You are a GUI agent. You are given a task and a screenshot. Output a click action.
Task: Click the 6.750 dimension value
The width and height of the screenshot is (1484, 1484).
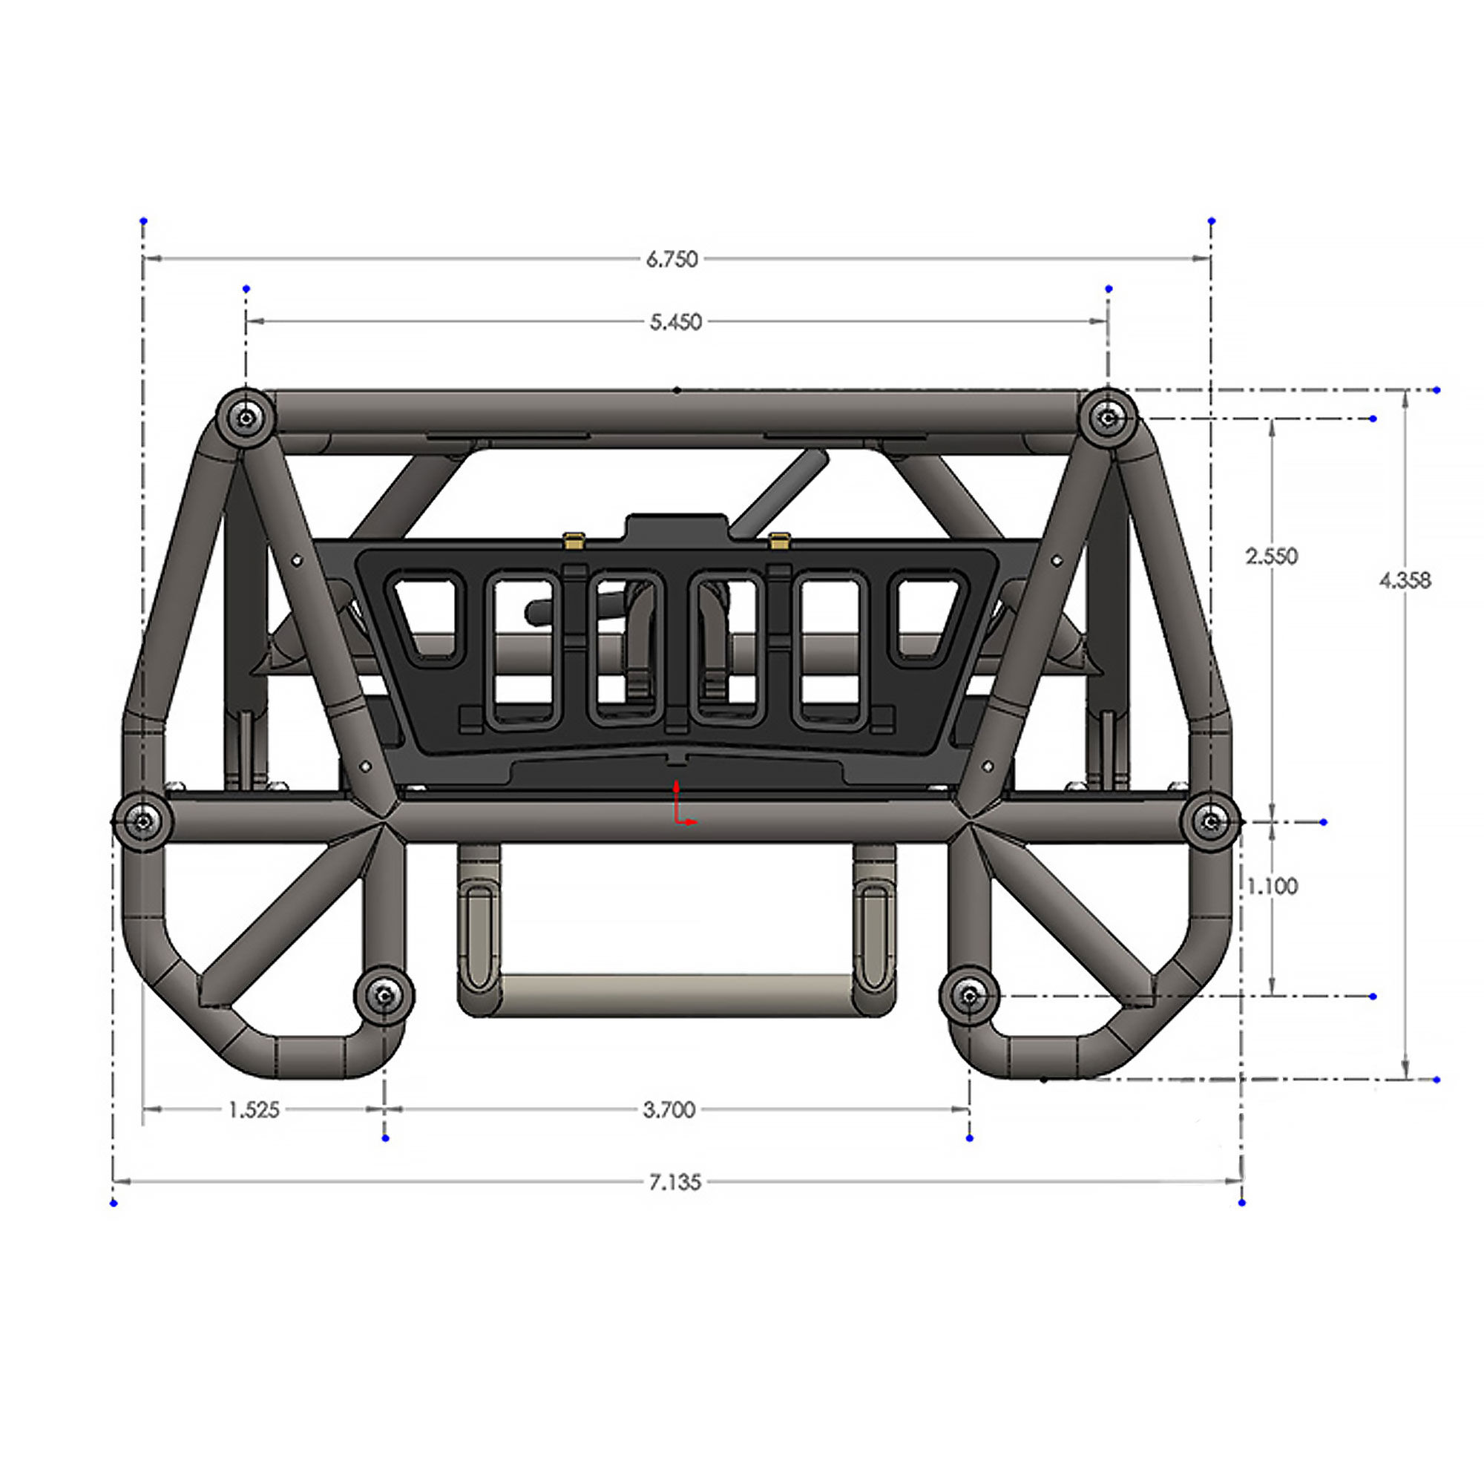[672, 260]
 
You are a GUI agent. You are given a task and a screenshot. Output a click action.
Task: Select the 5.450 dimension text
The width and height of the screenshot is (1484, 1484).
[676, 323]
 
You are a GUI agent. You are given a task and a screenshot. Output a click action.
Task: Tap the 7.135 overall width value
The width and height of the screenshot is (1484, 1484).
[675, 1182]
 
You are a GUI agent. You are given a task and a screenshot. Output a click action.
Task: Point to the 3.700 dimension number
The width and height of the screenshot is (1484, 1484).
[669, 1110]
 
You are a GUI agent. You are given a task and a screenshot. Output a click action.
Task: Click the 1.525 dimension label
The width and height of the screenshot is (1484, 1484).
[255, 1110]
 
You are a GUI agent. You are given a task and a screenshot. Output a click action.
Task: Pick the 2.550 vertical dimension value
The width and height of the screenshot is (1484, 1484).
[1271, 556]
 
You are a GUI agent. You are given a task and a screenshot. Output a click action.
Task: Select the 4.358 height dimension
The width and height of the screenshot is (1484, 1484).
[1405, 581]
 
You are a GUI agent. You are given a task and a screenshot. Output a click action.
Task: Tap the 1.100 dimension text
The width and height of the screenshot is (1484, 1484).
[1272, 887]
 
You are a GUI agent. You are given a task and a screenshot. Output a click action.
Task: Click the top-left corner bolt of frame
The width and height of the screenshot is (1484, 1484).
[245, 418]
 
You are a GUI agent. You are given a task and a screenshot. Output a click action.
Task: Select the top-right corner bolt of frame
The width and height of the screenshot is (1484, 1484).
[1108, 418]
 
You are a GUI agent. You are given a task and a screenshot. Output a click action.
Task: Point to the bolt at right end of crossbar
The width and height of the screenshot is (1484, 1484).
[1212, 822]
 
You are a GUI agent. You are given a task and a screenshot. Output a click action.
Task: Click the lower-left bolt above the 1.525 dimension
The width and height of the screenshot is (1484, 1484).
[384, 997]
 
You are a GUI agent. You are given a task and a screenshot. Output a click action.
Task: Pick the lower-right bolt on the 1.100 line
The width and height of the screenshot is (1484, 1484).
[969, 997]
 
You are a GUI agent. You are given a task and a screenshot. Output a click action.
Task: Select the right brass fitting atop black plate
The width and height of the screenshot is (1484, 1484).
[779, 540]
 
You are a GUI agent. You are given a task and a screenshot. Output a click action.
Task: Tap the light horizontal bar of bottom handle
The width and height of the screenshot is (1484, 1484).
[676, 985]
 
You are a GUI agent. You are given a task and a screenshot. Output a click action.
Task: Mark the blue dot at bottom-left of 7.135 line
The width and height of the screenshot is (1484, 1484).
[114, 1203]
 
